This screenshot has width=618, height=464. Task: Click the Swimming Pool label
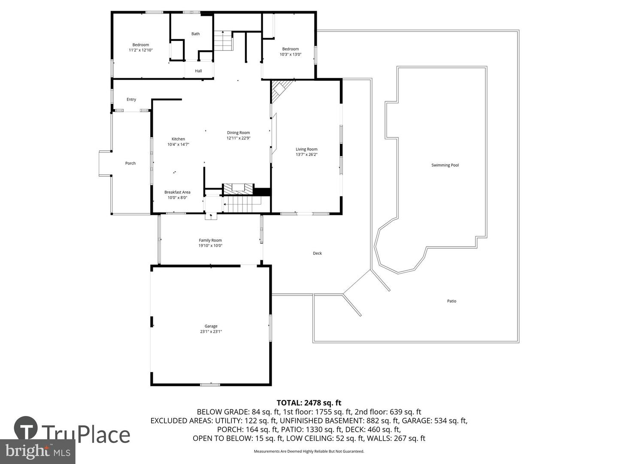tap(445, 165)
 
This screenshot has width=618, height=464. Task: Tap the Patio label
tap(451, 301)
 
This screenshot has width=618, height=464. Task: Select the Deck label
tap(317, 253)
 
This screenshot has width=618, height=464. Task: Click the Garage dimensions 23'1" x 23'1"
tap(211, 332)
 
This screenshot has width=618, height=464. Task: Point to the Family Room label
tap(210, 241)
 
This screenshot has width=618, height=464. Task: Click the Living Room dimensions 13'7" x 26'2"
tap(306, 155)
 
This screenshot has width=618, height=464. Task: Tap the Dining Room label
tap(238, 133)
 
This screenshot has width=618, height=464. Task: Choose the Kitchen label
tap(178, 139)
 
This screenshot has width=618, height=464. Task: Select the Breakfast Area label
tap(177, 192)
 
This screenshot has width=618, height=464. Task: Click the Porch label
tap(130, 163)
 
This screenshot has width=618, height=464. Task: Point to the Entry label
tap(131, 100)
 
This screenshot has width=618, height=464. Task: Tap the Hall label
tap(198, 71)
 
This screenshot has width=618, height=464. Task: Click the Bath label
tap(195, 34)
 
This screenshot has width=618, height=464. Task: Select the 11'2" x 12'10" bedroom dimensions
tap(141, 50)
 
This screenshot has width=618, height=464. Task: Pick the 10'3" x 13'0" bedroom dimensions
tap(291, 55)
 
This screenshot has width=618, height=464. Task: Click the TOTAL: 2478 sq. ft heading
tap(309, 403)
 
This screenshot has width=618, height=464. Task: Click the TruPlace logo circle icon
tap(26, 429)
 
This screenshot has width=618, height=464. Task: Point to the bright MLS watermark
tap(38, 451)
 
